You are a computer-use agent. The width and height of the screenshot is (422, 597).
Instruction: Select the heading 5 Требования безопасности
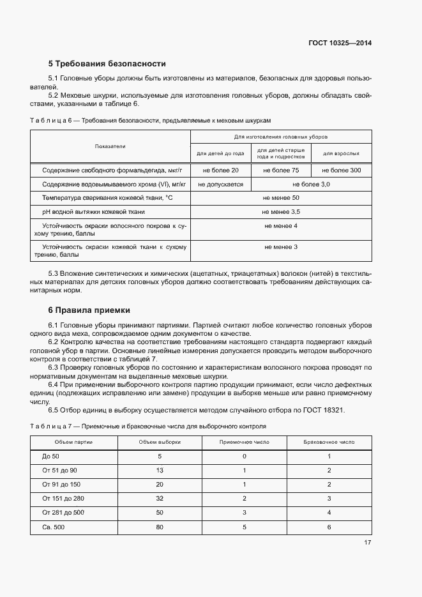click(107, 64)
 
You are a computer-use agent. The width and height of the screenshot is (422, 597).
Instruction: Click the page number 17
click(367, 543)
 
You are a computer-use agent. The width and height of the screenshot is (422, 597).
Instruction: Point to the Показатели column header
click(110, 146)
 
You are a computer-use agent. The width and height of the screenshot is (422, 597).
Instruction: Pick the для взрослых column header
click(341, 154)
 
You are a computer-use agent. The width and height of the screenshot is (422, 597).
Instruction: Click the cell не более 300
click(341, 170)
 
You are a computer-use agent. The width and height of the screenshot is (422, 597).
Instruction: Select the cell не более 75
click(281, 170)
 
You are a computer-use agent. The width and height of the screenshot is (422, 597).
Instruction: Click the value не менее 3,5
click(281, 211)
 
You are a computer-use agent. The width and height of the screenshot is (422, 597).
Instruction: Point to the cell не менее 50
click(281, 198)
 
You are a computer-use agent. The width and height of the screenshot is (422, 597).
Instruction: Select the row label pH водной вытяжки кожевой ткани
click(93, 211)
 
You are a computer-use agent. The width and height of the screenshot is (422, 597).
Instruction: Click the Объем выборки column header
click(160, 442)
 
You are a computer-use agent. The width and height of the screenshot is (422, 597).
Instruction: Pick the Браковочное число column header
click(329, 442)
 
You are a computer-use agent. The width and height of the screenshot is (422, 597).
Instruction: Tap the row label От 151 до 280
click(64, 498)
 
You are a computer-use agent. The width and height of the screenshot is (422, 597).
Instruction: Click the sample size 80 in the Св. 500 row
click(160, 527)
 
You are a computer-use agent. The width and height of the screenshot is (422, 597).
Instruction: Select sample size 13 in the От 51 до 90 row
click(160, 470)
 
